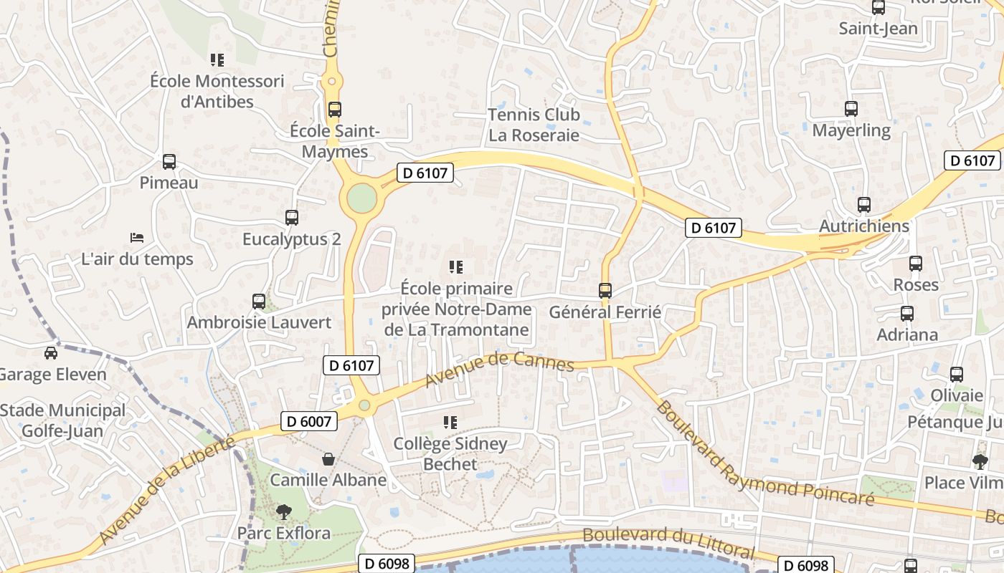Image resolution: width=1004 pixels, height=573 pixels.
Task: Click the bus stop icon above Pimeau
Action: (x=169, y=162)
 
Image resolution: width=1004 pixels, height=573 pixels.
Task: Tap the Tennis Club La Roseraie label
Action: (x=534, y=125)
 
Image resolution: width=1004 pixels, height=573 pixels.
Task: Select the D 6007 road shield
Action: (x=308, y=421)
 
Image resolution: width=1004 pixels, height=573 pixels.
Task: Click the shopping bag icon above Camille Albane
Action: (x=328, y=458)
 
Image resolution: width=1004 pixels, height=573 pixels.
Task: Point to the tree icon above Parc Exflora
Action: (x=284, y=511)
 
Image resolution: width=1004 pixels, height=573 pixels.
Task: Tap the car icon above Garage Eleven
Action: (x=50, y=352)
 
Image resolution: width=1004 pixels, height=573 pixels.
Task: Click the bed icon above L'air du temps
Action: (x=137, y=237)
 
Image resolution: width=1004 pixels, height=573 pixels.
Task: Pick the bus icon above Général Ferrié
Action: (x=605, y=290)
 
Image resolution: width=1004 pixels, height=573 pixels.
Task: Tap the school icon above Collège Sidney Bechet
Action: (x=450, y=423)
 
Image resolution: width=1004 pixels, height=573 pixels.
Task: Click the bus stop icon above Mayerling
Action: (x=851, y=109)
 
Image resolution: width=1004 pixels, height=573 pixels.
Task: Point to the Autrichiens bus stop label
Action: (x=864, y=226)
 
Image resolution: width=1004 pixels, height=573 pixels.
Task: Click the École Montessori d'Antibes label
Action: (x=217, y=91)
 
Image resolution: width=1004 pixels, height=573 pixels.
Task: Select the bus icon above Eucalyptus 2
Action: (x=292, y=217)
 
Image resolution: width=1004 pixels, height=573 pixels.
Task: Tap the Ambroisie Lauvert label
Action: (x=259, y=322)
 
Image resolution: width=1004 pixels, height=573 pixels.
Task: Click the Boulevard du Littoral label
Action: (x=668, y=543)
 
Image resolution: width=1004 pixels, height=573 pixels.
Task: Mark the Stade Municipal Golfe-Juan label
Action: (x=62, y=421)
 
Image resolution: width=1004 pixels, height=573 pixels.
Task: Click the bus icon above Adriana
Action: (x=907, y=314)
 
